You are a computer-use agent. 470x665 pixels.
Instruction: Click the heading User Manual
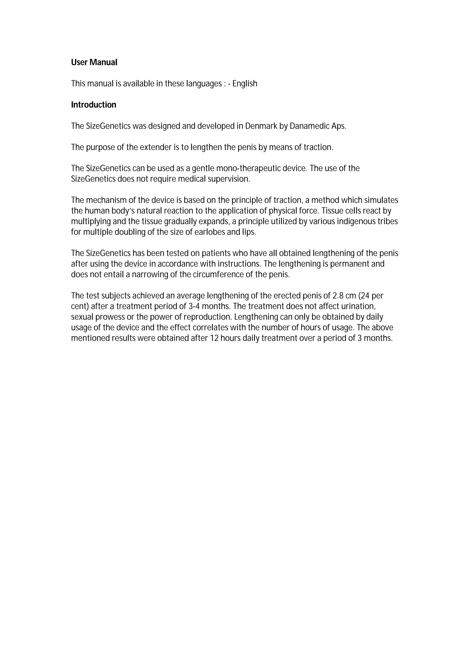point(94,62)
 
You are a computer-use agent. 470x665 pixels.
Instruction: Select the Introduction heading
point(94,105)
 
